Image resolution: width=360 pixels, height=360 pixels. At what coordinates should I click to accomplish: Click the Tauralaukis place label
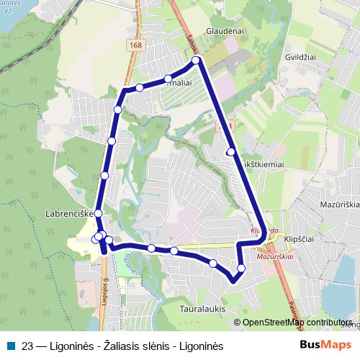(202, 307)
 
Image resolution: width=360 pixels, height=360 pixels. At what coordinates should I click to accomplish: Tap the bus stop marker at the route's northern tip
(196, 61)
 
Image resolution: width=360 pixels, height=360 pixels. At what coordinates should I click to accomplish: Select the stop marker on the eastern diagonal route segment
(230, 152)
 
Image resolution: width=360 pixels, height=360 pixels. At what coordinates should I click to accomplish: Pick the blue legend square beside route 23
(12, 346)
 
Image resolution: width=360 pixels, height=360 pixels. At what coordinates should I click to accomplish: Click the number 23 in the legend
(27, 346)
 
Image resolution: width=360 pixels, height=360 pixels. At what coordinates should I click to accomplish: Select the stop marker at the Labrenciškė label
(99, 214)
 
